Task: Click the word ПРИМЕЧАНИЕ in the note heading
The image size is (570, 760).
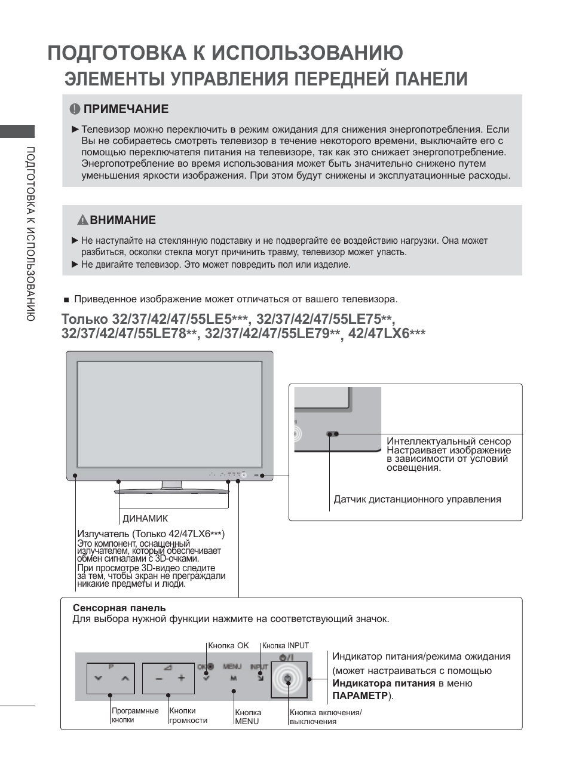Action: pyautogui.click(x=126, y=109)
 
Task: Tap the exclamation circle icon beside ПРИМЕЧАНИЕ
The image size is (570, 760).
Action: pyautogui.click(x=75, y=109)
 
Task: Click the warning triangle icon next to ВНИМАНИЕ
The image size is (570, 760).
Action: pyautogui.click(x=82, y=220)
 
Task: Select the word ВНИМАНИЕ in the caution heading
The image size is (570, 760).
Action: pyautogui.click(x=123, y=220)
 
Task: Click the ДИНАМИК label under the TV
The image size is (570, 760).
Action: pyautogui.click(x=145, y=519)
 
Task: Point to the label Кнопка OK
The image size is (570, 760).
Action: pyautogui.click(x=228, y=645)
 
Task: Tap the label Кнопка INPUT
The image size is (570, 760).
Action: pyautogui.click(x=286, y=645)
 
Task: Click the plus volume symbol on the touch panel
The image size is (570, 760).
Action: pyautogui.click(x=182, y=678)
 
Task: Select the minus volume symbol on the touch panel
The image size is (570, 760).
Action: pyautogui.click(x=159, y=679)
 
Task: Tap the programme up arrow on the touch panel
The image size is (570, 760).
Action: pyautogui.click(x=124, y=679)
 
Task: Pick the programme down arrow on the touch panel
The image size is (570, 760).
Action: pyautogui.click(x=99, y=679)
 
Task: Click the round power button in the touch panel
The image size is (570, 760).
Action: pyautogui.click(x=288, y=678)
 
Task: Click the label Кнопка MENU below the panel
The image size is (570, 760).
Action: pyautogui.click(x=248, y=717)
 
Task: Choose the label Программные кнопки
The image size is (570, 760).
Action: pyautogui.click(x=135, y=715)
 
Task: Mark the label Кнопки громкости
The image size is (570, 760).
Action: pyautogui.click(x=188, y=715)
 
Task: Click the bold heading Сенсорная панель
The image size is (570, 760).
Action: pyautogui.click(x=119, y=608)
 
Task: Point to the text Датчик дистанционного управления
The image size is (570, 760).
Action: pyautogui.click(x=417, y=499)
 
